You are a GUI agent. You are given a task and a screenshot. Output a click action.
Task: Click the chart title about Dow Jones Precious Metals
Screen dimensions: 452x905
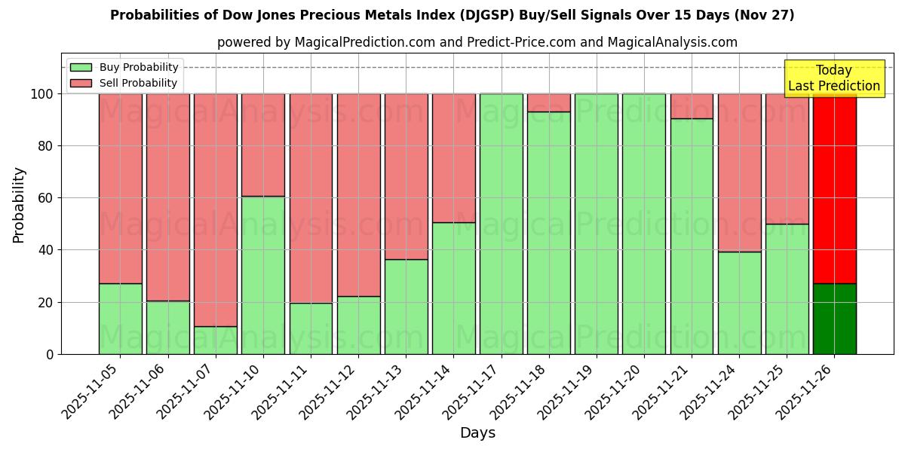point(452,15)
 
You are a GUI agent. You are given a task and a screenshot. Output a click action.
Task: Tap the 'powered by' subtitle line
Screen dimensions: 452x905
point(477,42)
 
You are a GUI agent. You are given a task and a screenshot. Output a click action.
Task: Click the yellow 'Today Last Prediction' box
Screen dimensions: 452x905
point(833,78)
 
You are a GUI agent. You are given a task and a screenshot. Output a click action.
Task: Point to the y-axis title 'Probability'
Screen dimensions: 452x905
point(19,204)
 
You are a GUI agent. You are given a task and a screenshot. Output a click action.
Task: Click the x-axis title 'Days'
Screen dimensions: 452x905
point(477,433)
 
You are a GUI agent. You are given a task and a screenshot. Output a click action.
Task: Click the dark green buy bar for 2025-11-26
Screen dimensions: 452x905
point(834,319)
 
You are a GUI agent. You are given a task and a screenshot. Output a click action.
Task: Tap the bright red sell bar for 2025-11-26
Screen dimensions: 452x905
point(834,188)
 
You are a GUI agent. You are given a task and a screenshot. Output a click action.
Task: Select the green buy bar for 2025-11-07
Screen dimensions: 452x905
point(216,340)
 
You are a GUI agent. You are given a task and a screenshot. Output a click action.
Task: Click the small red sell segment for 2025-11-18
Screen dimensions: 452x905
point(549,102)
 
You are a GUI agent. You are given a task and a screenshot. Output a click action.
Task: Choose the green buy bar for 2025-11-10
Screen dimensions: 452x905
point(263,275)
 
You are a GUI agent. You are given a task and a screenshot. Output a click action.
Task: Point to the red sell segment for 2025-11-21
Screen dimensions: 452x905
point(692,106)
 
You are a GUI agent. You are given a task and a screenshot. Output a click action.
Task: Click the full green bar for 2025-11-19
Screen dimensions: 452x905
point(597,224)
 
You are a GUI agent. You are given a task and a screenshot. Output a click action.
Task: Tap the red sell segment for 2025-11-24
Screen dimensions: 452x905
point(739,173)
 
